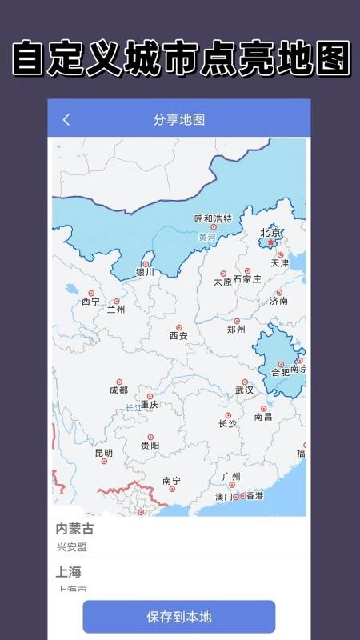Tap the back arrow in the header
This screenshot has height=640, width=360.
[x=66, y=120]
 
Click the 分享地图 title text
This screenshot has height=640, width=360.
[x=179, y=120]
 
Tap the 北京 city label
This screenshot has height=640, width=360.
[x=270, y=233]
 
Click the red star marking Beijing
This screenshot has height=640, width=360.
[x=270, y=242]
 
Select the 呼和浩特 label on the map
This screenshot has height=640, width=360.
[x=214, y=218]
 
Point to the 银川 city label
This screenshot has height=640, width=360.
[x=145, y=272]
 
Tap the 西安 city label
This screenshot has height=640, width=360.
[x=178, y=336]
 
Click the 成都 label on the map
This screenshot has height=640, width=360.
[x=118, y=390]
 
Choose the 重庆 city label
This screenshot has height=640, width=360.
[x=150, y=405]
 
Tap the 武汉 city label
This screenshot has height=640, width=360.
[x=244, y=390]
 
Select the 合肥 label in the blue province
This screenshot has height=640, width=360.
[x=281, y=372]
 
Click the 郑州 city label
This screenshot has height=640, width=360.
[x=236, y=329]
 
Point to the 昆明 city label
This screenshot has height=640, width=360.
[x=104, y=453]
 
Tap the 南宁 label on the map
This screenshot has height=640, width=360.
[x=171, y=480]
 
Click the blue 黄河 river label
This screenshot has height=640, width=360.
[x=207, y=238]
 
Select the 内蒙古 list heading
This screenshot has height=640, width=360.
[x=74, y=529]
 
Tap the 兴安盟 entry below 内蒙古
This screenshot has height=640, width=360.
[x=71, y=547]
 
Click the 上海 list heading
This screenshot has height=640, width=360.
[x=69, y=572]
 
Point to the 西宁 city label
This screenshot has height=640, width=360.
[x=90, y=302]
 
